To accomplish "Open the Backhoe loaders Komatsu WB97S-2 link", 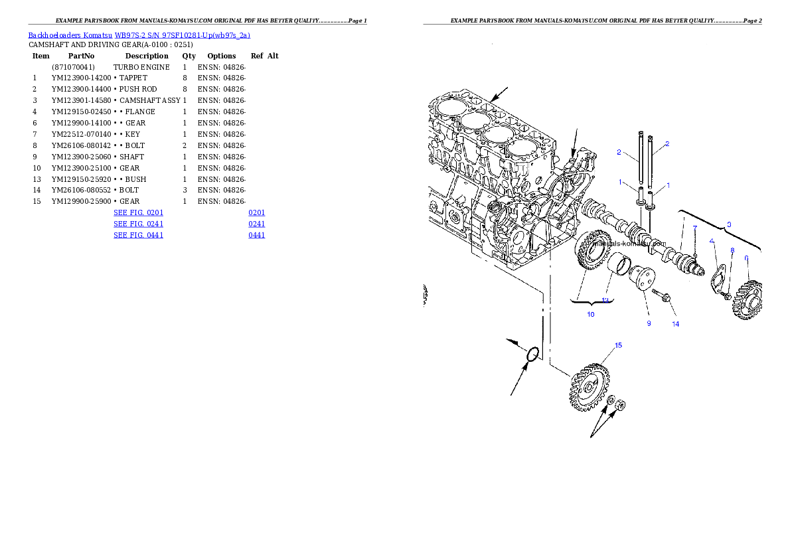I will pyautogui.click(x=139, y=36).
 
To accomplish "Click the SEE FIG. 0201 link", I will pyautogui.click(x=138, y=213).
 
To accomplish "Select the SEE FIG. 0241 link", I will pyautogui.click(x=138, y=224).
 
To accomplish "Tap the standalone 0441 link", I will pyautogui.click(x=257, y=235).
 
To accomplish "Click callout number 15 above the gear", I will pyautogui.click(x=618, y=345).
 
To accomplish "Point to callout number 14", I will pyautogui.click(x=675, y=325).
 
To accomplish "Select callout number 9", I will pyautogui.click(x=649, y=324).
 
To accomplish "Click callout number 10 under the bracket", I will pyautogui.click(x=591, y=314).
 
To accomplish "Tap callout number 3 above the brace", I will pyautogui.click(x=729, y=224).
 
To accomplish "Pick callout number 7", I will pyautogui.click(x=694, y=228).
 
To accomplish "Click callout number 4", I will pyautogui.click(x=712, y=241).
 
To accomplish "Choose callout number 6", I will pyautogui.click(x=746, y=258).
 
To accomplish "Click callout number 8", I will pyautogui.click(x=732, y=250).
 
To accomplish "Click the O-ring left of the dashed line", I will pyautogui.click(x=532, y=355).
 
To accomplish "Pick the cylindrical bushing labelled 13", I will pyautogui.click(x=619, y=267).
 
